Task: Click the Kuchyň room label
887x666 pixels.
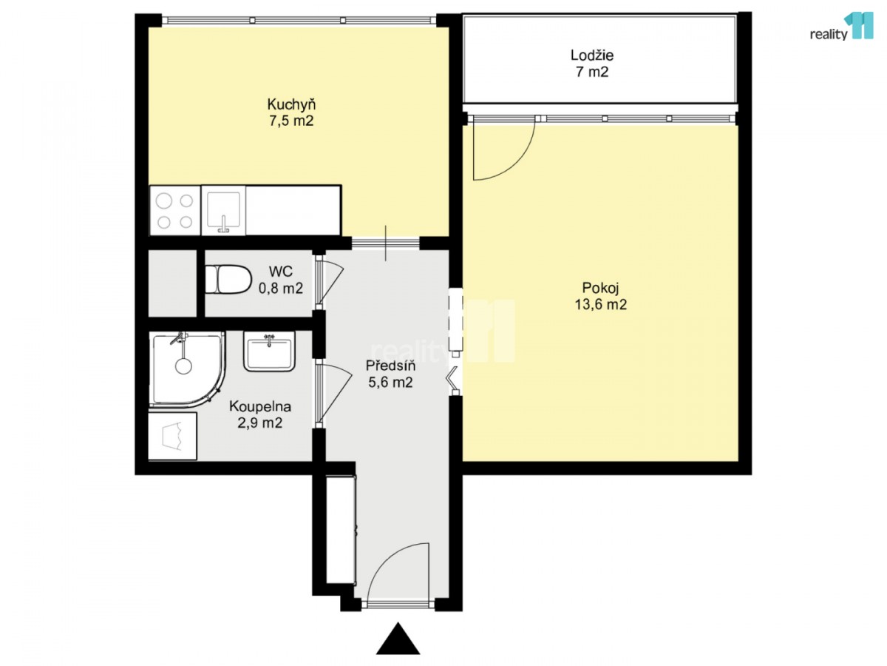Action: pos(291,105)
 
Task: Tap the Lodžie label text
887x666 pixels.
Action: pos(591,55)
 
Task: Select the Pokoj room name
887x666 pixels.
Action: pos(600,288)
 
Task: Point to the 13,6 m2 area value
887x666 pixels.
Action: pos(600,304)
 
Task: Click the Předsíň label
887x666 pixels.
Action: pos(390,366)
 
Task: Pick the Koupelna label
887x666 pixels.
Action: pos(260,406)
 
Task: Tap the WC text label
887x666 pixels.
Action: pos(280,272)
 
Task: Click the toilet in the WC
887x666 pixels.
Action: pos(228,279)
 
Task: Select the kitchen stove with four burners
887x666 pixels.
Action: pos(175,211)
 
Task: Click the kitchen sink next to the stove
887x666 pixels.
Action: pos(223,211)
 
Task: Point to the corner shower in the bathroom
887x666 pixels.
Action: pos(186,369)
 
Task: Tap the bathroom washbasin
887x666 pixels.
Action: pos(269,351)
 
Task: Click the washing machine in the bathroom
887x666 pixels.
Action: pos(172,436)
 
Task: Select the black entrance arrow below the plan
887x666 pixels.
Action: pos(398,639)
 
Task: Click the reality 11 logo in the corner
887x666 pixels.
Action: pos(841,27)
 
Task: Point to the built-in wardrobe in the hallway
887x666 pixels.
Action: pos(341,530)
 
